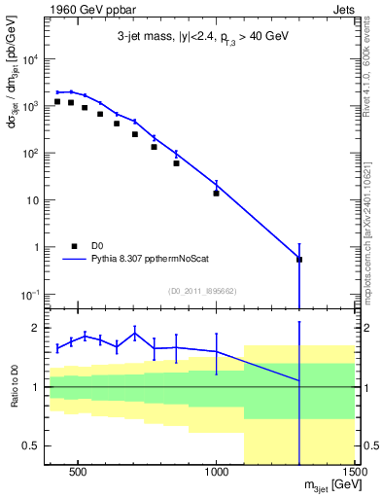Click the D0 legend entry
click(x=87, y=246)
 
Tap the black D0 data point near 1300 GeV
click(x=299, y=260)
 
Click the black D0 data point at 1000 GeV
click(x=216, y=193)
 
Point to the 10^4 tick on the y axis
click(x=29, y=59)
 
